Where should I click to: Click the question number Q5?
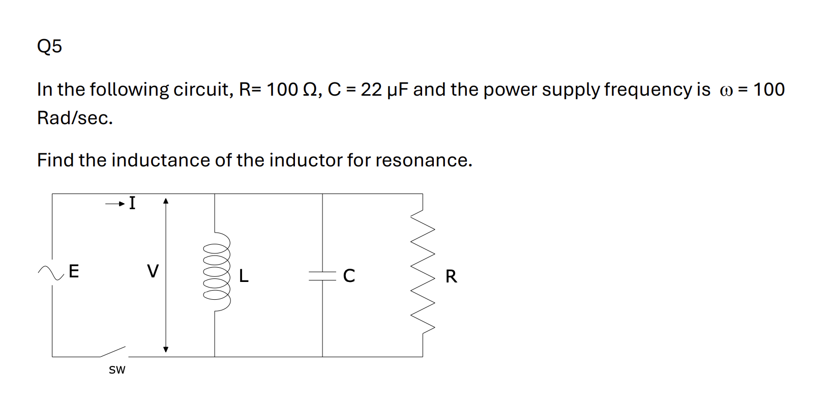pos(49,46)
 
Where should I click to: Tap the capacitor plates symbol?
pos(322,275)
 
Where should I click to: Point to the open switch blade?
pos(113,352)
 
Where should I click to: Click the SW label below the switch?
pos(117,370)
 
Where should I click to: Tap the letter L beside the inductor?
pos(244,276)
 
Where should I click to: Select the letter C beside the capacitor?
pos(349,276)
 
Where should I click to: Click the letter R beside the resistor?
pos(451,277)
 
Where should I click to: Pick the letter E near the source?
pos(74,271)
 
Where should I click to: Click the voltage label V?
pos(153,271)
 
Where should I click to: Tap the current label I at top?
pos(132,203)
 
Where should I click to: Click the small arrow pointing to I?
pos(115,205)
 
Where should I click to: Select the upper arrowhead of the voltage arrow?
pos(165,201)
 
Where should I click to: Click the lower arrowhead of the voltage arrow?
pos(165,349)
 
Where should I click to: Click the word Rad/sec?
pos(75,119)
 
